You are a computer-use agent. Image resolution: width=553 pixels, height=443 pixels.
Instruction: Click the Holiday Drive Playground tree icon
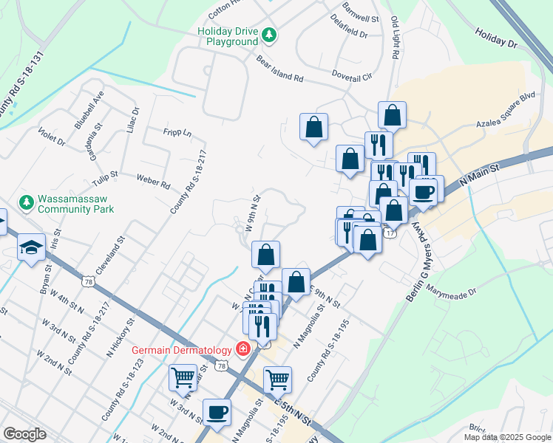click(271, 34)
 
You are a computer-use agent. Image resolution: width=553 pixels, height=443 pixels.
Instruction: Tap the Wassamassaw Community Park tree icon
click(27, 202)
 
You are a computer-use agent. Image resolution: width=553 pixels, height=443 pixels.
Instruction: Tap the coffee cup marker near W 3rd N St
click(217, 412)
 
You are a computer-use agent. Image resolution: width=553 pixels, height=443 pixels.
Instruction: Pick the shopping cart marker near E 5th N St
click(277, 379)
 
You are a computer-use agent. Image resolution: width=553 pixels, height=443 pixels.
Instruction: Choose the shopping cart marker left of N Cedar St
click(183, 377)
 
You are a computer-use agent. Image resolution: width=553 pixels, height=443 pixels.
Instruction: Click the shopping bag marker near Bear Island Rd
click(314, 126)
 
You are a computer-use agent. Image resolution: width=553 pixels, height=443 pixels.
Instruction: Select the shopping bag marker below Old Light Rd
click(392, 114)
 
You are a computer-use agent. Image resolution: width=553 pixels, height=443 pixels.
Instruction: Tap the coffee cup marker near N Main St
click(424, 191)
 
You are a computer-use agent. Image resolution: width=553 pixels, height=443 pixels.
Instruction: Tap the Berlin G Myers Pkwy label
click(419, 267)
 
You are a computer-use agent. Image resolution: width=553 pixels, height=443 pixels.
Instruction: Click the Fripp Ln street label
click(177, 134)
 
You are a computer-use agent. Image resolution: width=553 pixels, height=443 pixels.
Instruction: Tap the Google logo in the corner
click(24, 434)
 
